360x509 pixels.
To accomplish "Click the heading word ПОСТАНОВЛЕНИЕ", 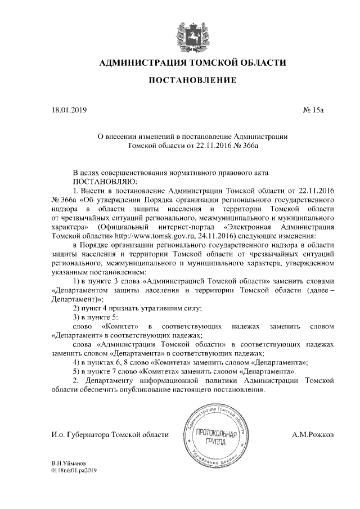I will (x=192, y=81).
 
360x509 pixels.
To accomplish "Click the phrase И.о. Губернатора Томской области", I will (x=110, y=435).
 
